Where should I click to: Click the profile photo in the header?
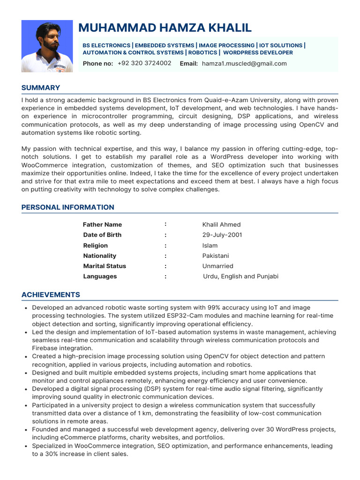pos(47,46)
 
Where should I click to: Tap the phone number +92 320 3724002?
pos(144,63)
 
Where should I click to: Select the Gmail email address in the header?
pos(244,63)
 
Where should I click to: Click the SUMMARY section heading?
pos(41,88)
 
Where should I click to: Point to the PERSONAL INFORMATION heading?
pos(68,207)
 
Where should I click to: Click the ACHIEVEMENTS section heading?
pos(51,295)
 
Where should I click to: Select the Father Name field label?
pos(102,225)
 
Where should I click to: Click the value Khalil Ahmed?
pos(221,225)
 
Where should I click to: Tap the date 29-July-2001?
pos(222,235)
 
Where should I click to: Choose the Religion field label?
pos(95,246)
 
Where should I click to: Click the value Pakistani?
pos(216,256)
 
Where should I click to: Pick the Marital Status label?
pos(105,266)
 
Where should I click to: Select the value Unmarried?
pos(217,266)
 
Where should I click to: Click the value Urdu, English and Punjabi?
pos(240,277)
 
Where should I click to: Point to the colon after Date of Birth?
pos(165,235)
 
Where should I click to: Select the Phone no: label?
pos(98,63)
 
